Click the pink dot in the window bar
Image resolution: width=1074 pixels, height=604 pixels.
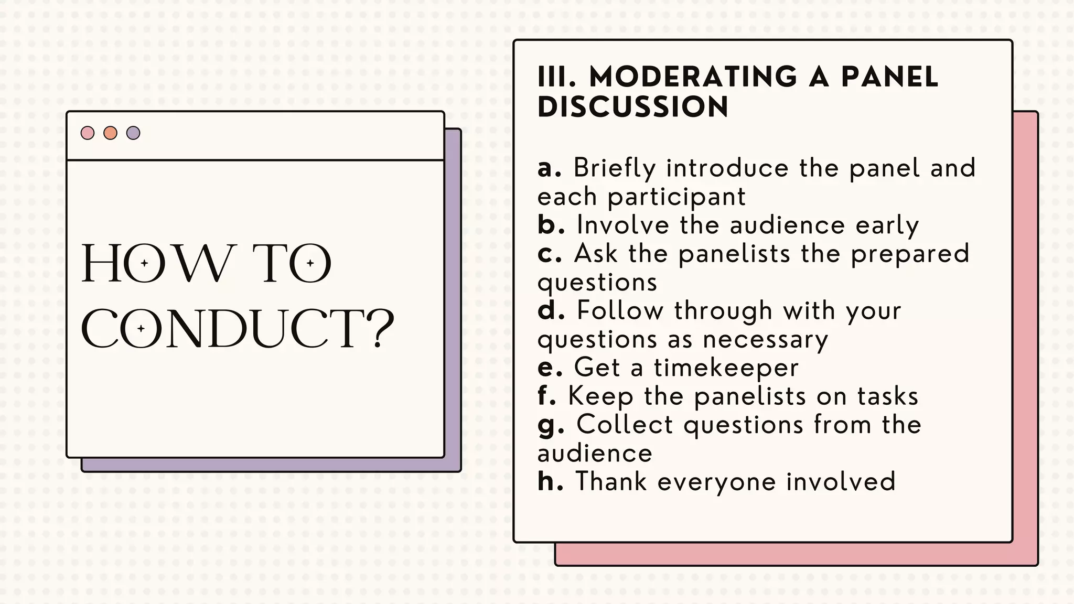(88, 133)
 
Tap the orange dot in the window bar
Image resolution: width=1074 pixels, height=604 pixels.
(110, 133)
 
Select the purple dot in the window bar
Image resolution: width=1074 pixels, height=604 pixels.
(133, 133)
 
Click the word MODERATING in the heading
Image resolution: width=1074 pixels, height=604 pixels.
(693, 77)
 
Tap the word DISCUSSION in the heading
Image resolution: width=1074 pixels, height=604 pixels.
(633, 107)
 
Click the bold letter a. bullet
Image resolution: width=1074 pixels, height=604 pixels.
(549, 168)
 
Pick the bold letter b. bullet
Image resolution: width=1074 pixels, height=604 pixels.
(551, 225)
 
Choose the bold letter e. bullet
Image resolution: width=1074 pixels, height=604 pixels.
(550, 367)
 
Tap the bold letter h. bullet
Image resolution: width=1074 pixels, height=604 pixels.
(550, 481)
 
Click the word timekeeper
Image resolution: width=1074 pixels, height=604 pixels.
(726, 367)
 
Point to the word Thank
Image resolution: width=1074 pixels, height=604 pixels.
(611, 481)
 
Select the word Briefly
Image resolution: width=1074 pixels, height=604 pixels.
(615, 168)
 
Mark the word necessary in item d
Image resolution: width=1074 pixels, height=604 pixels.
(766, 340)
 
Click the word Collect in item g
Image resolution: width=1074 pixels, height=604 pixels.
(625, 424)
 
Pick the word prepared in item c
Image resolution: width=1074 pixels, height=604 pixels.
(910, 254)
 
